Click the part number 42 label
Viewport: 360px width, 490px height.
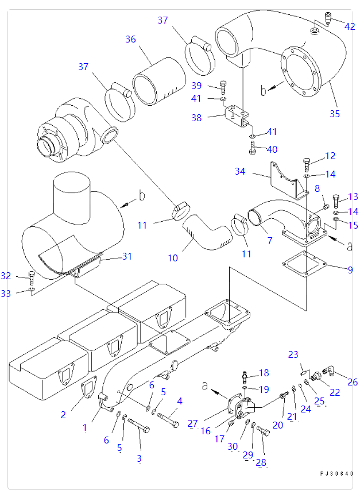(x=349, y=26)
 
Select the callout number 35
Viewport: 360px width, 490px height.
(x=334, y=113)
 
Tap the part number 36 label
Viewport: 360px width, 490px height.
(x=130, y=39)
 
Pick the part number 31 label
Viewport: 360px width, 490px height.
(x=126, y=257)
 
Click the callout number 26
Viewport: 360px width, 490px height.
(x=353, y=381)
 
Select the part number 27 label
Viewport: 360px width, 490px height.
(x=192, y=423)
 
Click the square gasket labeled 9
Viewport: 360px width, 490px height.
(x=305, y=262)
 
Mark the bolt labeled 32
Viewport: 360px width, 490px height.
(x=32, y=278)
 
